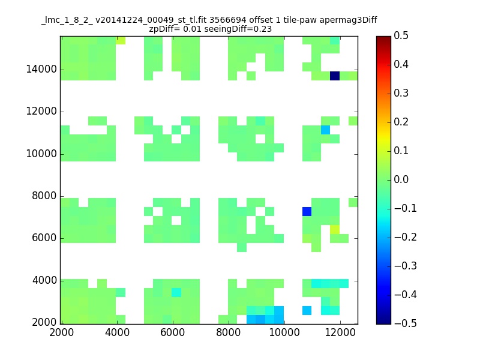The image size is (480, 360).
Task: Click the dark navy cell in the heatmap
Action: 335,76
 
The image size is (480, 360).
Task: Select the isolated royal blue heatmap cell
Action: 307,211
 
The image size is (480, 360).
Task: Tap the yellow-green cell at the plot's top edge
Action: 121,40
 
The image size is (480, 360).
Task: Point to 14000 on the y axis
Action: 41,69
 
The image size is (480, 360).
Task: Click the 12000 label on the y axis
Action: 41,111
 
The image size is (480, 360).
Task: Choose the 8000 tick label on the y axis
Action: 44,196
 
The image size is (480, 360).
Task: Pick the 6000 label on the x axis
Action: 173,332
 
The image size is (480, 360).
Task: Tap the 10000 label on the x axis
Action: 284,332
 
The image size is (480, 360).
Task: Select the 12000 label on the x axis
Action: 340,332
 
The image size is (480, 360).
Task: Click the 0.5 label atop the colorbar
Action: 401,35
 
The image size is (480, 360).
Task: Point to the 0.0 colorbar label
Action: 401,179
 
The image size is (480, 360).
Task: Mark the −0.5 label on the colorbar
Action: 406,323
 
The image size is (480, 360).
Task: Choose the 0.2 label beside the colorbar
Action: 401,122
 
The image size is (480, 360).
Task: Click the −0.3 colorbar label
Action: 406,266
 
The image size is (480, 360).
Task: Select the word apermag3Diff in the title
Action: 348,20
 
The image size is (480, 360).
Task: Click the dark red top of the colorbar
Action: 383,39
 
